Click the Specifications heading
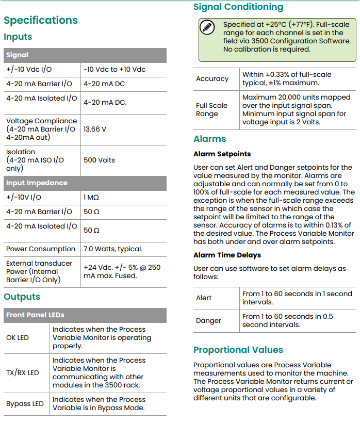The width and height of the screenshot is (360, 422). [x=41, y=20]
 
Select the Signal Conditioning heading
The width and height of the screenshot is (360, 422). [x=238, y=7]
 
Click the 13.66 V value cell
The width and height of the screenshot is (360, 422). [x=95, y=129]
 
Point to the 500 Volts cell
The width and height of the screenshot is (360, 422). [x=100, y=160]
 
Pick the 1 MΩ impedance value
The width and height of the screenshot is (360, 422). [x=92, y=197]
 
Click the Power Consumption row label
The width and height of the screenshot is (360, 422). [x=40, y=249]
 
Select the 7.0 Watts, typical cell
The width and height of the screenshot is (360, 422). [x=113, y=249]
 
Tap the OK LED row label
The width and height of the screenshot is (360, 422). [x=18, y=337]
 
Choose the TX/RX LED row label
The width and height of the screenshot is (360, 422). [x=22, y=372]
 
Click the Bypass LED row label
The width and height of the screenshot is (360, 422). [x=25, y=403]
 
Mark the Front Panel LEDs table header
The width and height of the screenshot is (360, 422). [x=35, y=315]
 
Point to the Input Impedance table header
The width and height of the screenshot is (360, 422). [x=37, y=183]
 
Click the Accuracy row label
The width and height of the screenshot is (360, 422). [x=212, y=78]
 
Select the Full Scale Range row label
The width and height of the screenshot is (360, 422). [x=211, y=109]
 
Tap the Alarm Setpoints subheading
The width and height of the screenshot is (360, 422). [x=222, y=154]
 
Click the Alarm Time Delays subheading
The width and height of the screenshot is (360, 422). [x=227, y=255]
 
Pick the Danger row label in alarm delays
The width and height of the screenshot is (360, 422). [x=208, y=320]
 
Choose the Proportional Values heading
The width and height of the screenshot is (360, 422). [x=238, y=350]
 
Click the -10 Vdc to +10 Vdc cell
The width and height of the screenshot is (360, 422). [x=114, y=69]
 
